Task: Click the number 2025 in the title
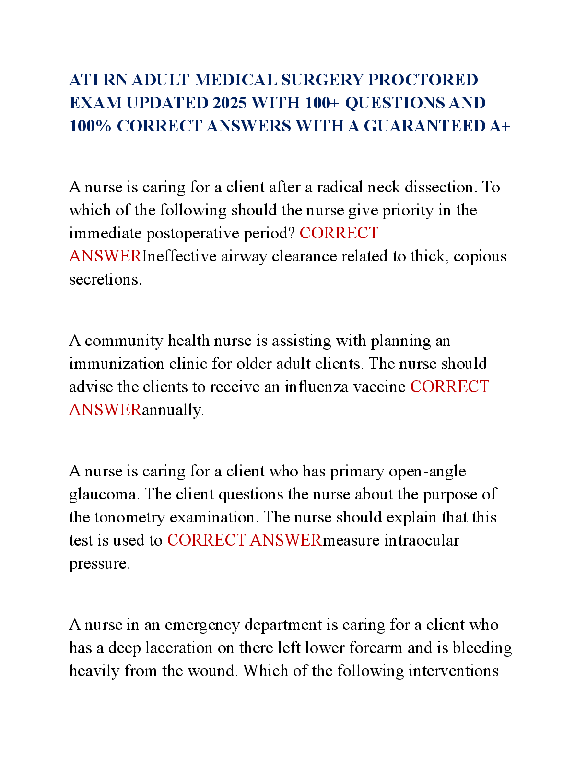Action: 230,103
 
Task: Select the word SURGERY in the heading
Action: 322,80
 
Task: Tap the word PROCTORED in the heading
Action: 423,80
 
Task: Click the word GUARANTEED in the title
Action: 424,126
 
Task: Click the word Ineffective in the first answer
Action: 179,256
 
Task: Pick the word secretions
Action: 105,280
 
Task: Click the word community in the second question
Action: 124,341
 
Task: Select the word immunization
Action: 117,364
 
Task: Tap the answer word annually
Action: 173,410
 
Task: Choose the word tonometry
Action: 129,518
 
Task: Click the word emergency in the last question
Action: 202,625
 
